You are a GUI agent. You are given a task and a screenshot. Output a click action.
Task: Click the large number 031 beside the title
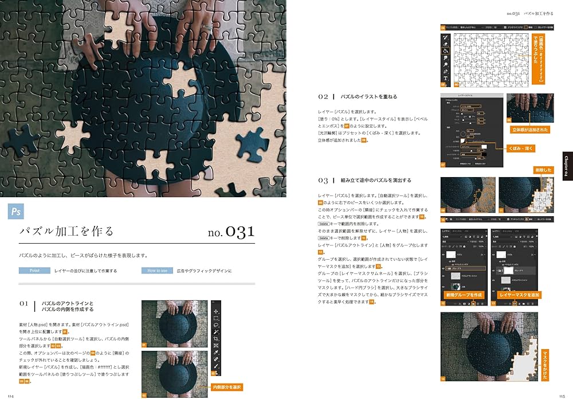coord(231,232)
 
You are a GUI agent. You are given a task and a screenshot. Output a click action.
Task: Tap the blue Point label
coord(34,271)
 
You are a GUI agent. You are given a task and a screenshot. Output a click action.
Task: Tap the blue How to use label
coord(157,271)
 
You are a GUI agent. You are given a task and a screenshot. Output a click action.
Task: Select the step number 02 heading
coord(323,97)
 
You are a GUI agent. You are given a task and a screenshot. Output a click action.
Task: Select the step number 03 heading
coord(323,180)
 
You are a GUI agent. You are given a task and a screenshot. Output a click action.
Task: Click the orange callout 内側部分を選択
coord(227,388)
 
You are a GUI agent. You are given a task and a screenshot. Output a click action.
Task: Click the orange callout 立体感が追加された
coord(529,130)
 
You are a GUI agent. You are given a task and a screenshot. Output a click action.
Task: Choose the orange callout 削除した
coord(543,170)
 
